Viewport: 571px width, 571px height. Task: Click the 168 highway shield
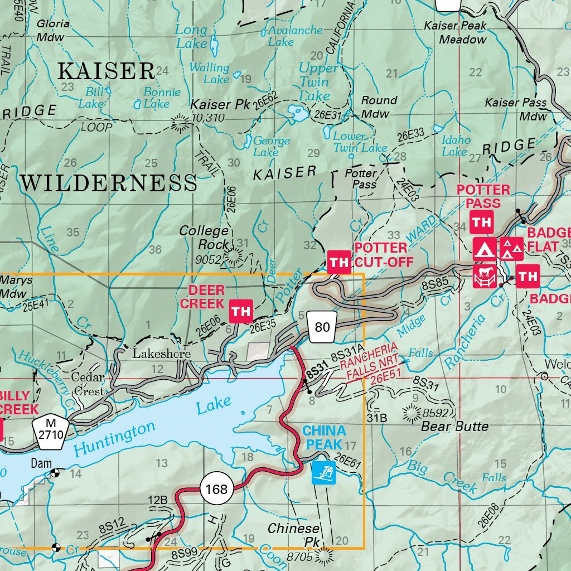[x=216, y=489]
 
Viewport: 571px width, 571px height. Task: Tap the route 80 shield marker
[x=322, y=327]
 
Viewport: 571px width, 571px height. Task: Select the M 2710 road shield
[x=51, y=429]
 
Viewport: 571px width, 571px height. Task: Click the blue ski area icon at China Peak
[x=323, y=473]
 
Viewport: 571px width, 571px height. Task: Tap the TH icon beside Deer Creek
[x=241, y=311]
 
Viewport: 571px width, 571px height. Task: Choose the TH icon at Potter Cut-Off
[x=339, y=262]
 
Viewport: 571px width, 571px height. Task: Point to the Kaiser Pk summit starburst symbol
[x=180, y=122]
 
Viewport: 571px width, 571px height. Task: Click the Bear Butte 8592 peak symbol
[x=413, y=413]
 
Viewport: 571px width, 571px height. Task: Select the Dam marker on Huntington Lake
[x=55, y=473]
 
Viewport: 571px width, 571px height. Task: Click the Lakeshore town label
[x=161, y=354]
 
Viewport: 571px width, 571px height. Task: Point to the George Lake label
[x=272, y=147]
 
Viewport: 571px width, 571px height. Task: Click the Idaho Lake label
[x=456, y=146]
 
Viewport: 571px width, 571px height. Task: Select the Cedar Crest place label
[x=88, y=384]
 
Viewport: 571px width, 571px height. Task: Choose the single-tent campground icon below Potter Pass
[x=485, y=249]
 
